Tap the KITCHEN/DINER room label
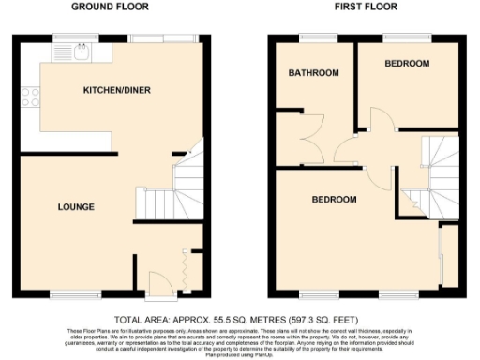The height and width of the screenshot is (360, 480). click(117, 90)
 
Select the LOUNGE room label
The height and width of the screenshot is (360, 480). click(75, 206)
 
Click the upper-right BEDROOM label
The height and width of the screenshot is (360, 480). click(407, 64)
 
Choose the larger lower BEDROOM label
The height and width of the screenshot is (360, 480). click(335, 200)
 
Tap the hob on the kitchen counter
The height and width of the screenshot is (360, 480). click(28, 95)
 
